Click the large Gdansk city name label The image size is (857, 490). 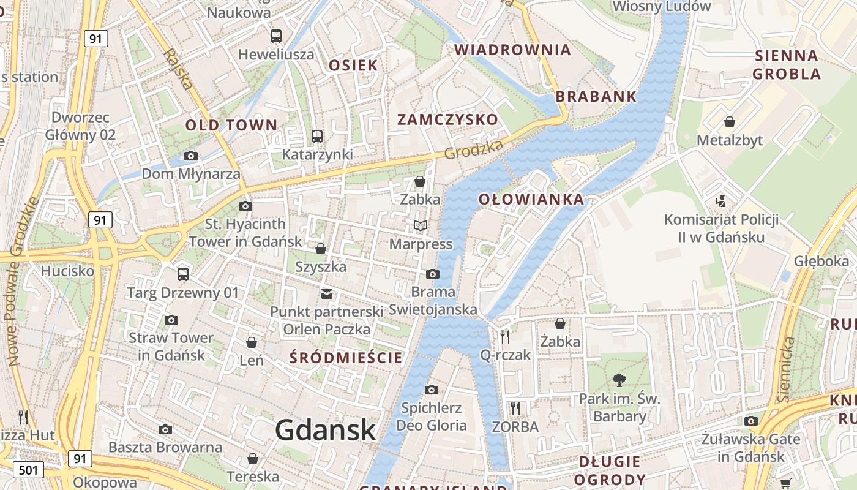[325, 430]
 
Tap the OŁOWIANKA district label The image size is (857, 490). [531, 199]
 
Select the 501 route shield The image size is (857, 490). [28, 470]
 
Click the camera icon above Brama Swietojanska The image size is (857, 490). [433, 274]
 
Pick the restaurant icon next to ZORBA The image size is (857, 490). [515, 408]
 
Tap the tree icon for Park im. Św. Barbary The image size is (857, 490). [619, 380]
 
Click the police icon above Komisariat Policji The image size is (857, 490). [721, 201]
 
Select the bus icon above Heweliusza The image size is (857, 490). [276, 36]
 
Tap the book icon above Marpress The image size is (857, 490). [420, 226]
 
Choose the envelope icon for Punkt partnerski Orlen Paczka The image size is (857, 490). [327, 294]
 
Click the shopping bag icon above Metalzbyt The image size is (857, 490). [729, 122]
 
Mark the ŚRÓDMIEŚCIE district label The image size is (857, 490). [346, 357]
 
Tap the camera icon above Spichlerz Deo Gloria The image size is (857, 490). [431, 390]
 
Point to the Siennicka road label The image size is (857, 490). [787, 369]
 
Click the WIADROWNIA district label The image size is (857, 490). [512, 50]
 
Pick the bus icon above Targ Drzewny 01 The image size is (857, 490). [182, 274]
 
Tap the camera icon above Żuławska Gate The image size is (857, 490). [751, 421]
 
